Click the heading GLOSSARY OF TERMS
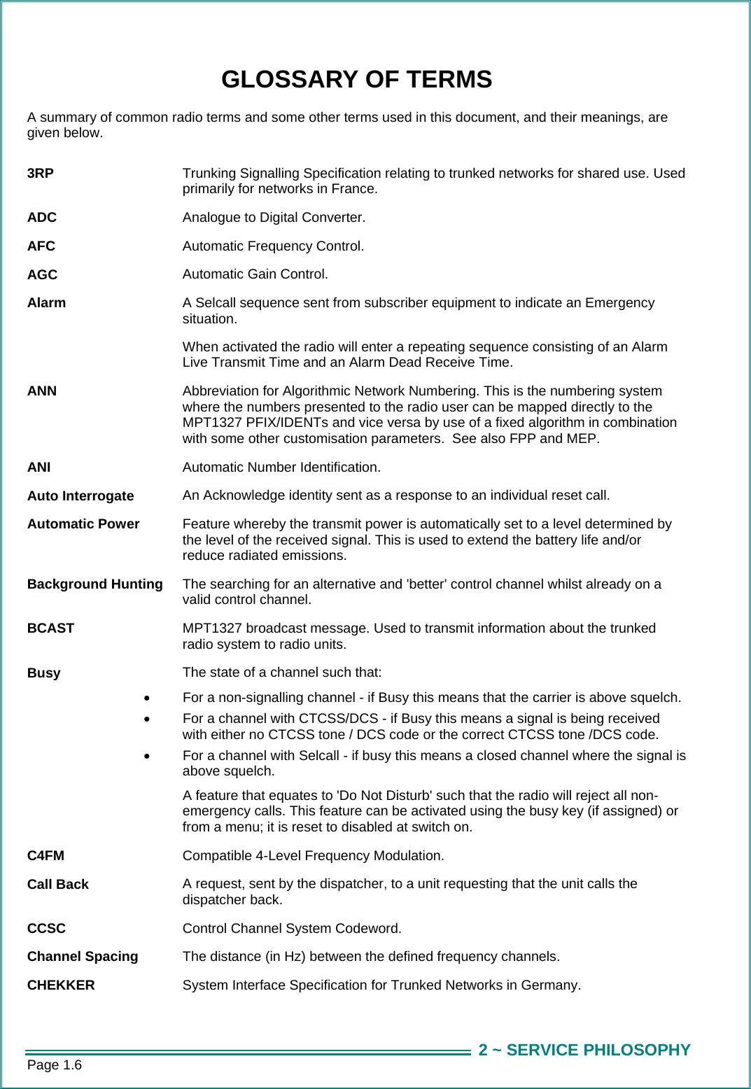[356, 80]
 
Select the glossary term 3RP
[41, 174]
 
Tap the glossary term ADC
[42, 218]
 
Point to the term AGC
[42, 275]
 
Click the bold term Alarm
[46, 303]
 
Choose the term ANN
[42, 391]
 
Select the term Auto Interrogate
[80, 496]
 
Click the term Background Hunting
[95, 584]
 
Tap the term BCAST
[50, 628]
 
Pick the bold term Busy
[44, 673]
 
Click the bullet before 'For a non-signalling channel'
[146, 698]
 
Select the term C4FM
[45, 856]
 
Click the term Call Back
[58, 885]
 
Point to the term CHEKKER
[61, 985]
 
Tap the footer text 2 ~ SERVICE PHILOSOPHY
[584, 1050]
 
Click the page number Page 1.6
[55, 1065]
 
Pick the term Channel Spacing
[83, 957]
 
